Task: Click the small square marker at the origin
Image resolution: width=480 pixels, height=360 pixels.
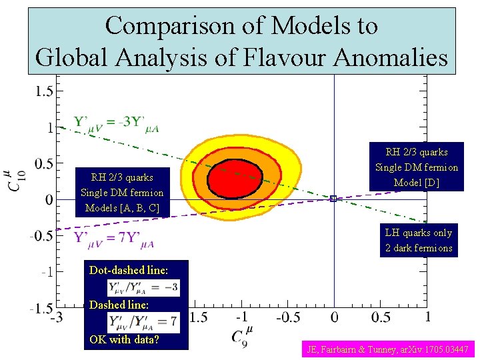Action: tap(333, 198)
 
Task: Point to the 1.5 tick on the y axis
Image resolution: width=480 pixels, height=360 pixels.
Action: tap(44, 91)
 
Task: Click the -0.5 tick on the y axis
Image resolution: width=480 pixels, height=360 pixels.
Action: tap(41, 235)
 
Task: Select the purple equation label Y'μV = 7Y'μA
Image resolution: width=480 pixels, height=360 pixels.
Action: tap(115, 238)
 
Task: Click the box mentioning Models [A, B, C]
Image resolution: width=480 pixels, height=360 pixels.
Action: tap(122, 193)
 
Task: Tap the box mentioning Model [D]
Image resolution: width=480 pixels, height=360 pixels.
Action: tap(417, 167)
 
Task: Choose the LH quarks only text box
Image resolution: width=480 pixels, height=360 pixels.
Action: tap(419, 241)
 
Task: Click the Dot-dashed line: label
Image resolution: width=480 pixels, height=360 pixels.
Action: tap(129, 271)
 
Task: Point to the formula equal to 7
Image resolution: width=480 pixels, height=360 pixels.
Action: tap(143, 322)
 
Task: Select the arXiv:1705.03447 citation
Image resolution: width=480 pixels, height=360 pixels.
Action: tap(389, 349)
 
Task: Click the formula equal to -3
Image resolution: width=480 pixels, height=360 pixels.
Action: tap(143, 287)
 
